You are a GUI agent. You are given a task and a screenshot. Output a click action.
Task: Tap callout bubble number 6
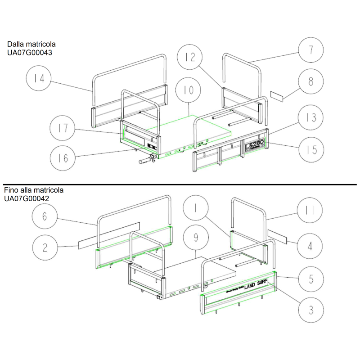45,216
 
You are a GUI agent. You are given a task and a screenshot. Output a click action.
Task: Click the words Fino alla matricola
34,190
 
